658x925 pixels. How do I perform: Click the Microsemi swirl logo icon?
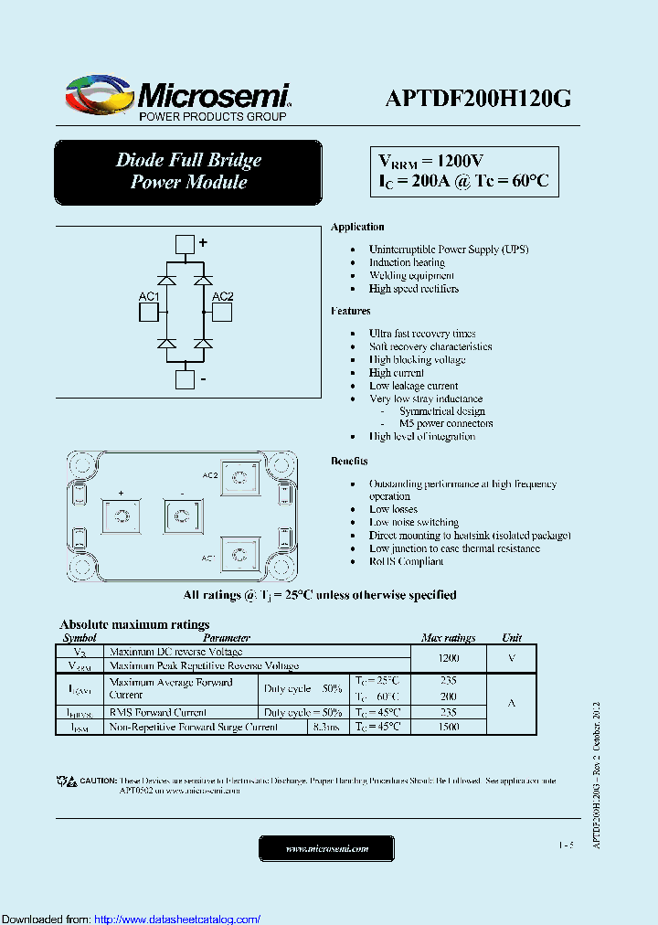click(99, 95)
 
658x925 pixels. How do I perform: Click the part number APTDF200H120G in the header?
click(478, 100)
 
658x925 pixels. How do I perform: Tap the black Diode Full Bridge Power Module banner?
click(188, 171)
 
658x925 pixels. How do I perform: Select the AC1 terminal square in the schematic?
click(149, 313)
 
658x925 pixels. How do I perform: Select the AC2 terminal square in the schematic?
click(222, 313)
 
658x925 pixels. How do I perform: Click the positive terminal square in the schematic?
click(185, 243)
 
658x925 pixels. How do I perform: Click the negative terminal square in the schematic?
click(185, 379)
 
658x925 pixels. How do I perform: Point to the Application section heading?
click(357, 227)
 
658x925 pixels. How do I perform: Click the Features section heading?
click(351, 311)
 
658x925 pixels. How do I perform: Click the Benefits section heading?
click(349, 462)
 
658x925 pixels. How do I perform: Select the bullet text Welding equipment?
click(411, 275)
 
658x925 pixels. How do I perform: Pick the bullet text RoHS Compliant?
click(406, 561)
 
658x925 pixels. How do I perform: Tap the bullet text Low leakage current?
click(413, 386)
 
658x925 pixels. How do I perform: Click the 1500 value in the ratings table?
click(448, 727)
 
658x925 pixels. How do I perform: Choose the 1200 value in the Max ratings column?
click(448, 658)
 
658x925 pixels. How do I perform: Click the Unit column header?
click(512, 638)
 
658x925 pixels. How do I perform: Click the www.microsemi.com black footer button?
click(326, 849)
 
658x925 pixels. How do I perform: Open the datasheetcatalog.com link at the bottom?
click(177, 919)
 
